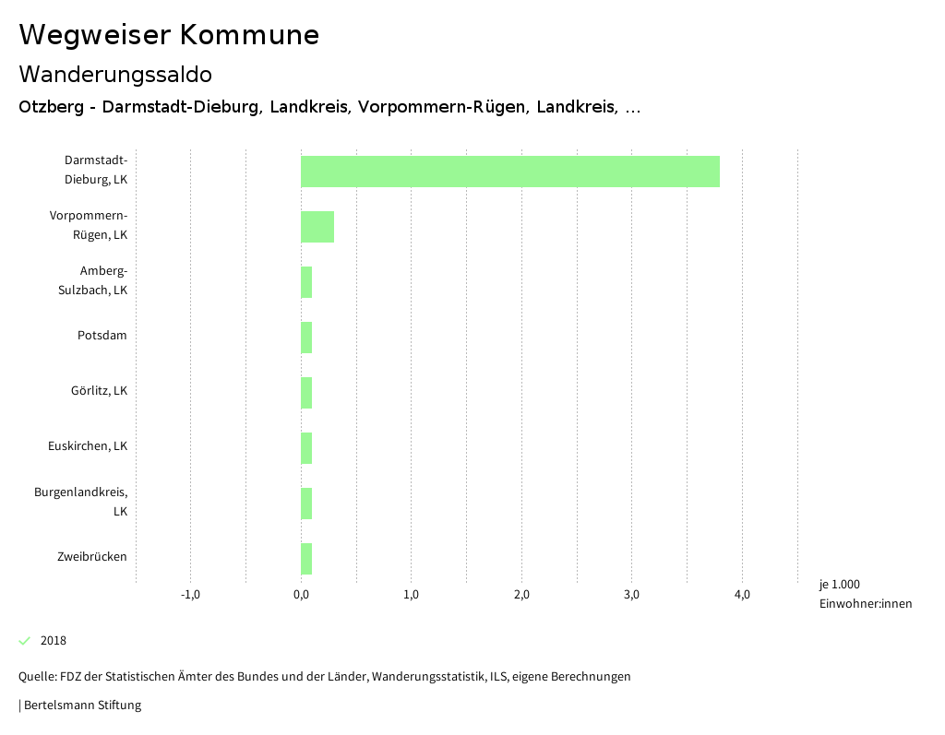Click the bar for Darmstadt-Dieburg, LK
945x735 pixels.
pyautogui.click(x=509, y=172)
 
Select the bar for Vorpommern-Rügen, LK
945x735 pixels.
pyautogui.click(x=317, y=227)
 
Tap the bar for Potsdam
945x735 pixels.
pyautogui.click(x=306, y=338)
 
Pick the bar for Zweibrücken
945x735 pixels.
pyautogui.click(x=306, y=559)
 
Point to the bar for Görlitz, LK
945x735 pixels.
pyautogui.click(x=306, y=393)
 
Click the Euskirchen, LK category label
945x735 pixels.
pyautogui.click(x=88, y=446)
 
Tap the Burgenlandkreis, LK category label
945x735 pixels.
pyautogui.click(x=81, y=502)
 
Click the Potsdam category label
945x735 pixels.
pyautogui.click(x=102, y=336)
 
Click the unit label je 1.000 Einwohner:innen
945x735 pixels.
pyautogui.click(x=865, y=594)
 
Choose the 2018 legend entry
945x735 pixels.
pyautogui.click(x=54, y=641)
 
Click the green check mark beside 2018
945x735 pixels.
pyautogui.click(x=25, y=641)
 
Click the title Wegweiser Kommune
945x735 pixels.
pyautogui.click(x=169, y=35)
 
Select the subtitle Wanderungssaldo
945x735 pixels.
pyautogui.click(x=115, y=74)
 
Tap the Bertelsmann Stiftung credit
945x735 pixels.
pyautogui.click(x=82, y=705)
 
